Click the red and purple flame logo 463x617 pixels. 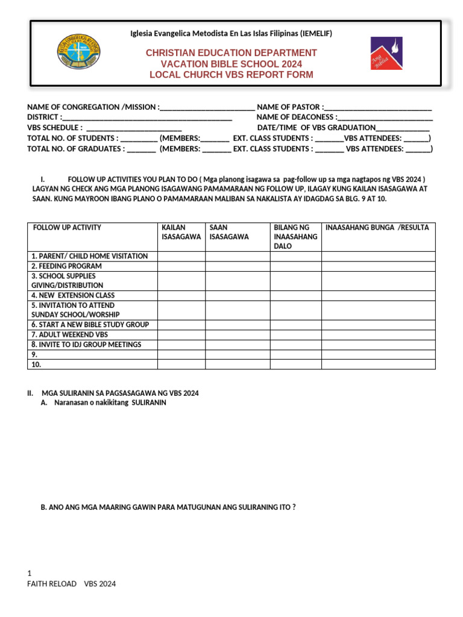386,53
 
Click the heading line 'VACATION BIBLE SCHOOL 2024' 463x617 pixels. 231,64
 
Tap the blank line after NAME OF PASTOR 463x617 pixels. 378,107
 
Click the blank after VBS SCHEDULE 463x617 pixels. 134,128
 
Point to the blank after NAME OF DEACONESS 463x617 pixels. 385,117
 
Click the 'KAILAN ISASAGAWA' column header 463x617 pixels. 181,232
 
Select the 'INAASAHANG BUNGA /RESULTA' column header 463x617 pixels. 377,228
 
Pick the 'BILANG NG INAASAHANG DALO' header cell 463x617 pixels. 295,237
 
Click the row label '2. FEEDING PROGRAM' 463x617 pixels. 66,266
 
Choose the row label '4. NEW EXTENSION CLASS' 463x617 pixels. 73,295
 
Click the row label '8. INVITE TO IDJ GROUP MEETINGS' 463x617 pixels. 86,345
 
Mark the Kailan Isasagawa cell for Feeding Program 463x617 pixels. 181,266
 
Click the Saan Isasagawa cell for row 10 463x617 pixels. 238,365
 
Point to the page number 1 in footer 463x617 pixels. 30,573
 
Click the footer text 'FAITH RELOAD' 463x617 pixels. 52,584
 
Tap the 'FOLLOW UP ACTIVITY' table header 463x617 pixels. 67,228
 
